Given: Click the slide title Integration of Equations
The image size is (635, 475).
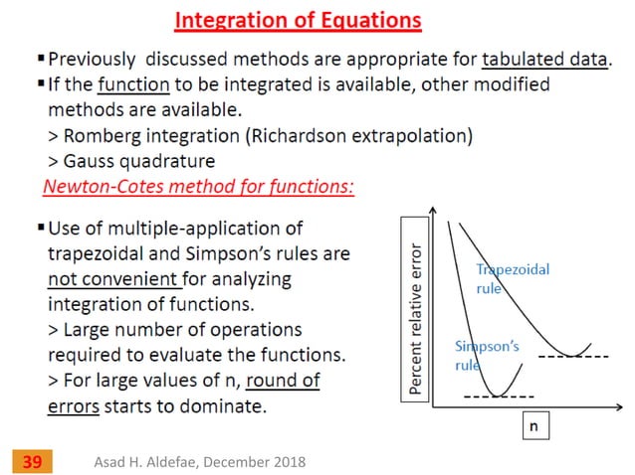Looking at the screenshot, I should click(x=298, y=20).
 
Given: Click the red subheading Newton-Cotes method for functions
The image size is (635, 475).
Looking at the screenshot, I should click(x=198, y=186).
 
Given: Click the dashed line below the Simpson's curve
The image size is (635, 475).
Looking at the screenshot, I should click(x=499, y=397).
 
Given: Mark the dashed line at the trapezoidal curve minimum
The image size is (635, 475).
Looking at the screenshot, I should click(x=572, y=356).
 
